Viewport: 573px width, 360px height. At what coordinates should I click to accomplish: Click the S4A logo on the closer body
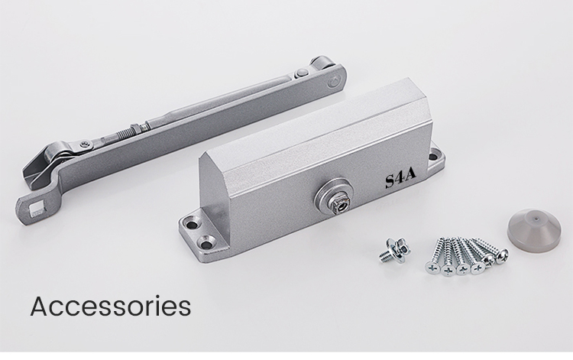tap(401, 178)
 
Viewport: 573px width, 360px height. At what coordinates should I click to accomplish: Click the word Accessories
tap(111, 306)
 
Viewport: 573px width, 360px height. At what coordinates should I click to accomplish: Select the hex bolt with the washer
tap(394, 251)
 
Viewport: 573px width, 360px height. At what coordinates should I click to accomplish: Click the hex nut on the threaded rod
tap(136, 129)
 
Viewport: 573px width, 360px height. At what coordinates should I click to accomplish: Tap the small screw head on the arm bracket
tap(86, 145)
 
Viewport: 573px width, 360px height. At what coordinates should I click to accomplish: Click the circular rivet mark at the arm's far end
tap(334, 82)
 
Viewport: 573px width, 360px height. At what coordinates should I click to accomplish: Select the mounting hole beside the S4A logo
tap(432, 157)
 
